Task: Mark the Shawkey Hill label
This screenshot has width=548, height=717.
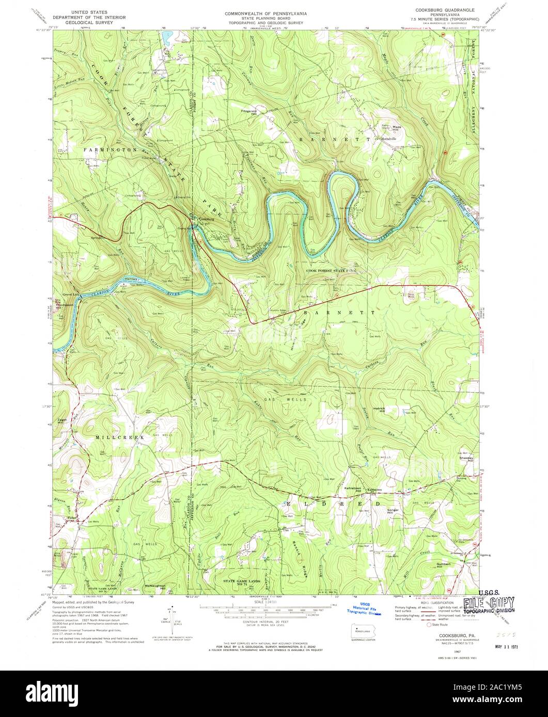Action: pos(465,459)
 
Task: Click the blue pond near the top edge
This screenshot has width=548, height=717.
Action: pos(166,37)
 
